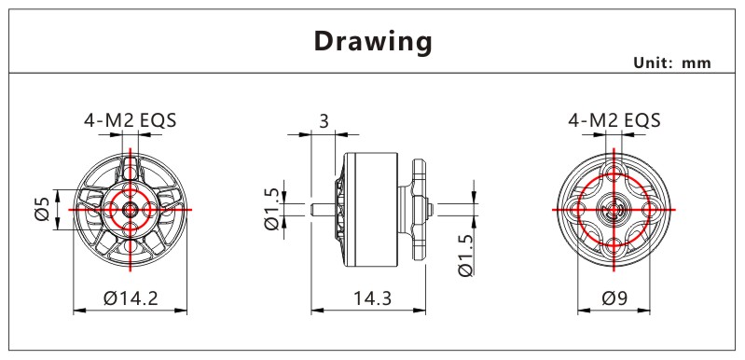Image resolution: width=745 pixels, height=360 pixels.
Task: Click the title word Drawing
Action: (373, 42)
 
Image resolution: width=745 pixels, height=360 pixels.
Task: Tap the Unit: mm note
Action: (672, 63)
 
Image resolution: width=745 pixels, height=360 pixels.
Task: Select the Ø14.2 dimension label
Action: (131, 298)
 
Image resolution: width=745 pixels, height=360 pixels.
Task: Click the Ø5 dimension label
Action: (42, 210)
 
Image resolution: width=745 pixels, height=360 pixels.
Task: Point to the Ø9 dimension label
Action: (614, 298)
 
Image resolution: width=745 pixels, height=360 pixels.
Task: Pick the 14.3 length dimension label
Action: (372, 298)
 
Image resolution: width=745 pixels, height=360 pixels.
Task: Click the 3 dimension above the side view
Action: (324, 121)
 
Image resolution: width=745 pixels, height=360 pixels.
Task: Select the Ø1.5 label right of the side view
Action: (465, 256)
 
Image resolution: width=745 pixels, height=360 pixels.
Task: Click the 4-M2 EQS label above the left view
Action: (131, 120)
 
